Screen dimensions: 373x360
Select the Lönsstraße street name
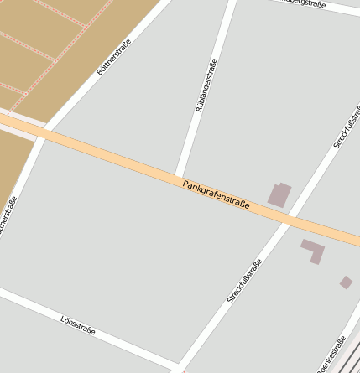[x=78, y=325]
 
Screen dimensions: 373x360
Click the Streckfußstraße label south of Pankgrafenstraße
[x=244, y=281]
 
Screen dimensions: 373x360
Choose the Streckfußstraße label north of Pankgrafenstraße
[x=346, y=126]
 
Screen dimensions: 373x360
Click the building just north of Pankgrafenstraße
[x=279, y=194]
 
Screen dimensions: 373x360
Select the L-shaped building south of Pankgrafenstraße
[x=313, y=249]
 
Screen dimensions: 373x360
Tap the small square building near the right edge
[x=346, y=282]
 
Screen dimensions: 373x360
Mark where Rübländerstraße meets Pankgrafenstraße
[x=178, y=174]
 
